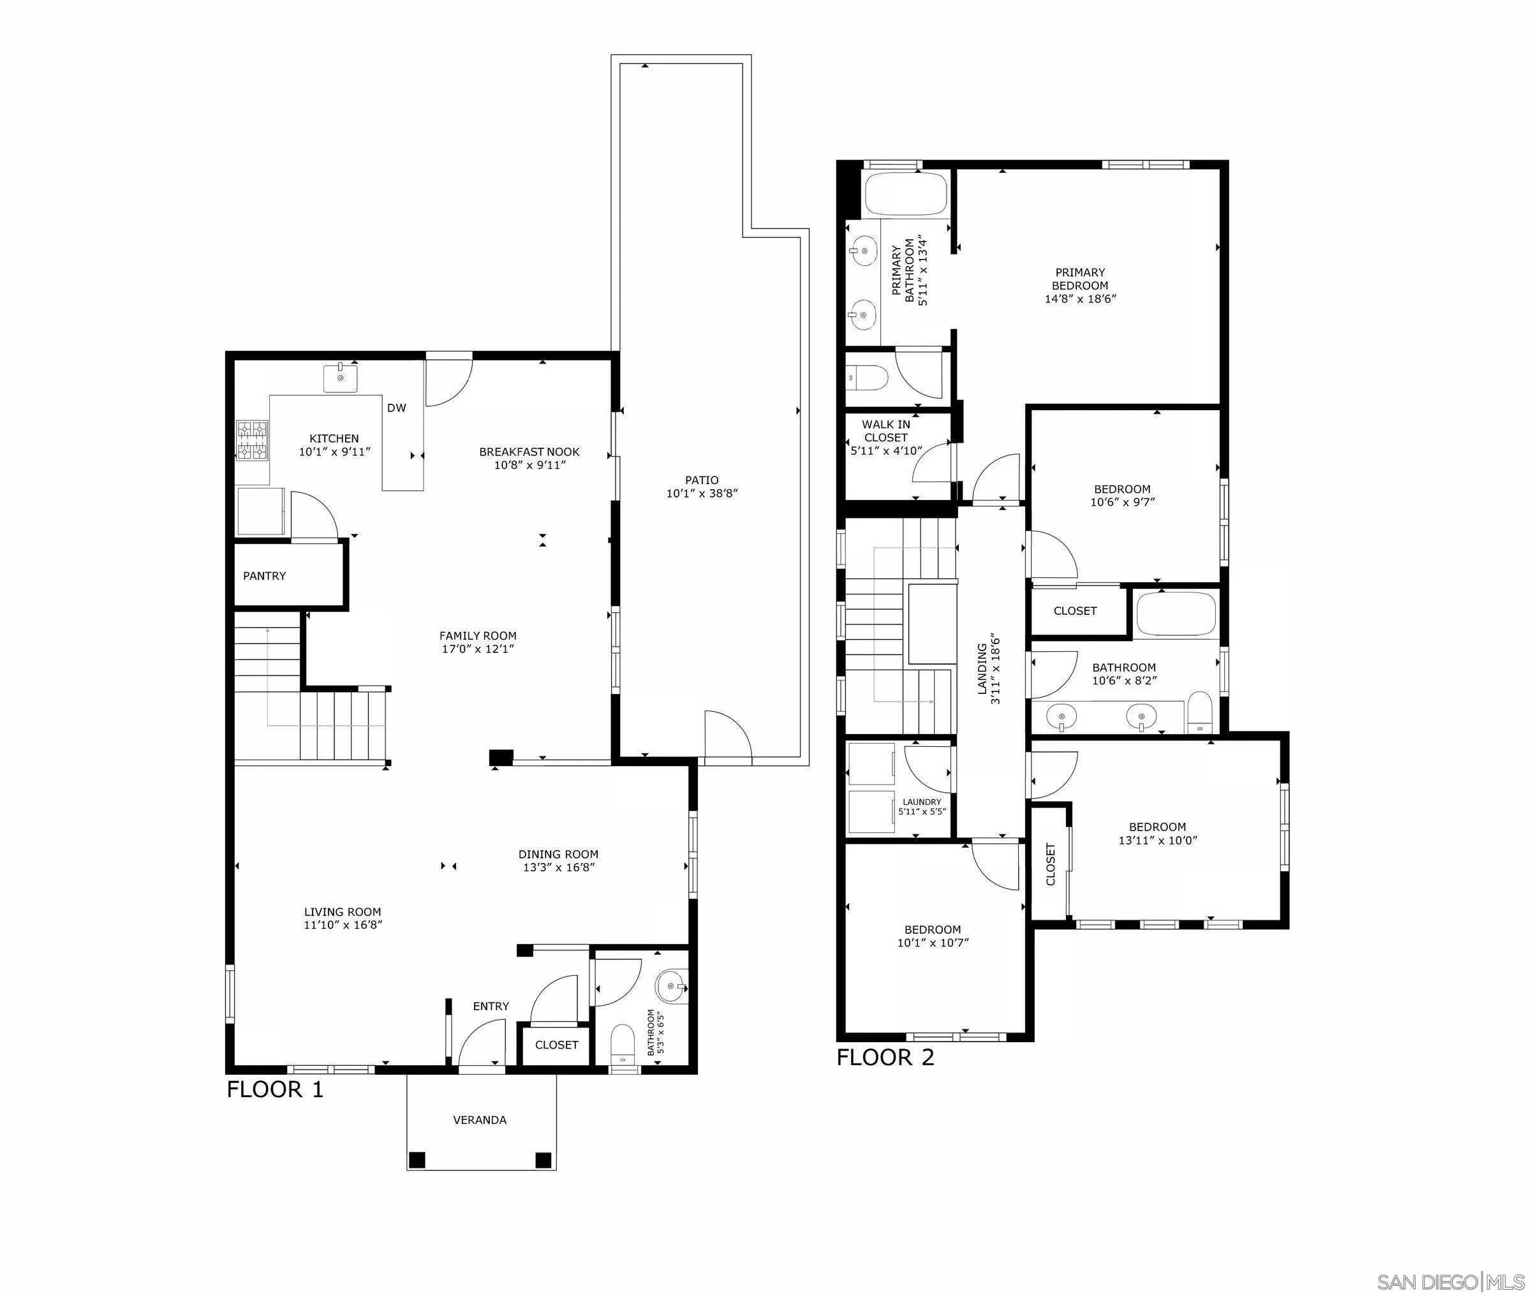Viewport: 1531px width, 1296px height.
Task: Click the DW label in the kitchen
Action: pos(396,408)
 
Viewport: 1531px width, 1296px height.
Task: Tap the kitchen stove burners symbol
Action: pos(251,439)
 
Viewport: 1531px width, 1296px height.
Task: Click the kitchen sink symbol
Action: pos(341,378)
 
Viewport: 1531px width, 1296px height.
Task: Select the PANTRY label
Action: pos(265,576)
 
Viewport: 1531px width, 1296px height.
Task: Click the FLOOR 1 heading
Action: pos(275,1089)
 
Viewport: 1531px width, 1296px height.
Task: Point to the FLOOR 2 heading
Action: pos(885,1058)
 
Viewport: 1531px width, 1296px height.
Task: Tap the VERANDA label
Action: pos(480,1121)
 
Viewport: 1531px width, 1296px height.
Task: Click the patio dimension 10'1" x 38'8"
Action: pos(702,494)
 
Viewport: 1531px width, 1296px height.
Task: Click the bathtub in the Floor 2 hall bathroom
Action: pos(1176,615)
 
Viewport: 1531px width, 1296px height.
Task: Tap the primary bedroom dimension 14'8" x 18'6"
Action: pos(1080,299)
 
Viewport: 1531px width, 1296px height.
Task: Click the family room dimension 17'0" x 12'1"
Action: pos(478,649)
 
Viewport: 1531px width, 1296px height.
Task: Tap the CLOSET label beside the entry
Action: pos(556,1045)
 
